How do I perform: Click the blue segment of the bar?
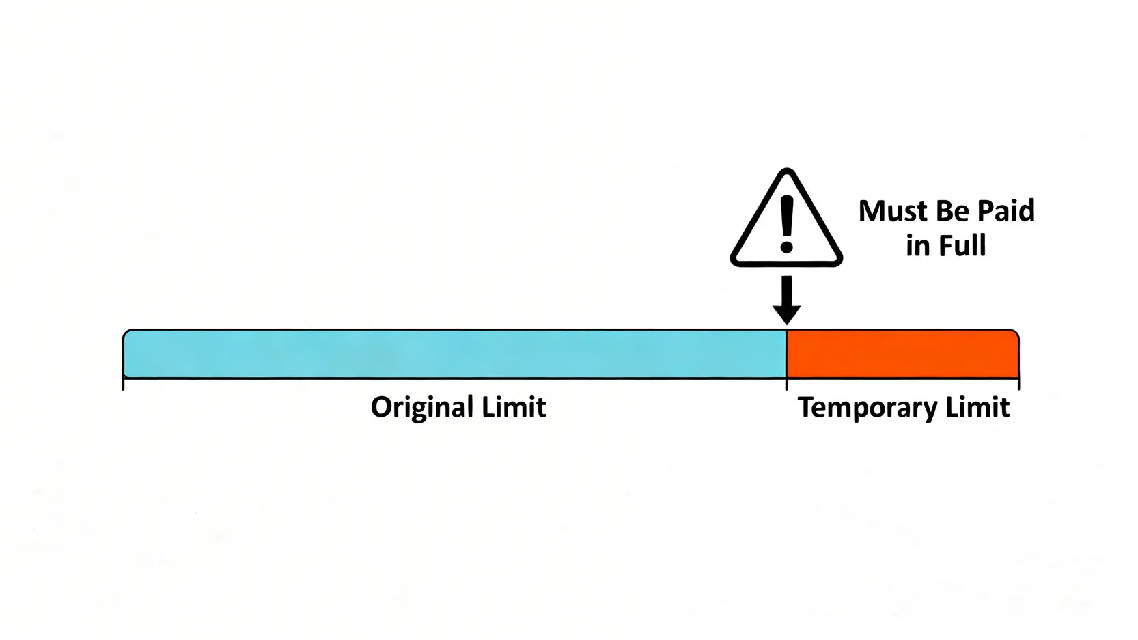click(454, 354)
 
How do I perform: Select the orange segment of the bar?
click(902, 354)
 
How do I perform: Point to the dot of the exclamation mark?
click(787, 247)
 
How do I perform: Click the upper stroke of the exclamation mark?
click(787, 215)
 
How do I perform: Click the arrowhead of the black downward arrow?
click(787, 314)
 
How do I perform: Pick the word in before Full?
click(917, 246)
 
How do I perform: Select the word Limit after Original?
click(514, 407)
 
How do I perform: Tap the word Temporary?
click(867, 408)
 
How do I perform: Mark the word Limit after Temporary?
click(977, 407)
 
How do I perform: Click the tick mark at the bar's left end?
click(124, 384)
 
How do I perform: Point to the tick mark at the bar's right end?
click(1018, 384)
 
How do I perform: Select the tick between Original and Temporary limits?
click(787, 384)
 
